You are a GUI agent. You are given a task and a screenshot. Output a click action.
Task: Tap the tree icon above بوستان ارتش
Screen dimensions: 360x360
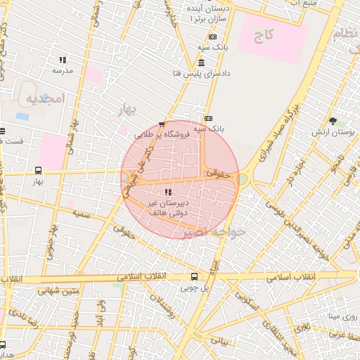333,121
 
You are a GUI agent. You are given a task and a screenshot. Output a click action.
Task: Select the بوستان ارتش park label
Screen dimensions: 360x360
333,132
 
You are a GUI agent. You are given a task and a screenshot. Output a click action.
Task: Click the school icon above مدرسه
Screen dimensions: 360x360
63,60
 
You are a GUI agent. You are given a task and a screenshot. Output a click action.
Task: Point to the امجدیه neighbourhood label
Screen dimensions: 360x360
45,98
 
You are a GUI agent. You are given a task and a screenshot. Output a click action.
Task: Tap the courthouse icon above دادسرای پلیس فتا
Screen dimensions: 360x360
202,63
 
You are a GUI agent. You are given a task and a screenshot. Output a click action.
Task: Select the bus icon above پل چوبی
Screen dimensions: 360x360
195,277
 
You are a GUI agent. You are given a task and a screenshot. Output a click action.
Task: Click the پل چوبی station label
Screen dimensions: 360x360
195,288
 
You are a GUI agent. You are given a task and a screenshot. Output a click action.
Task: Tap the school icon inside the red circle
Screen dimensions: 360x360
167,192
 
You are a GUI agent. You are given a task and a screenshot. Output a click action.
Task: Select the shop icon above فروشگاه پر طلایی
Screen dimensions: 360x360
162,123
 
